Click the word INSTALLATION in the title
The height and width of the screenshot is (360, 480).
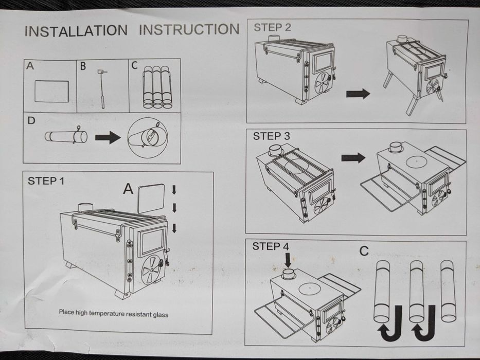pos(76,30)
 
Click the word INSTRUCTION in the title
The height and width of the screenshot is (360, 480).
pos(189,29)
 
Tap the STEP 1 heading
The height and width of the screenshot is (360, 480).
pos(50,181)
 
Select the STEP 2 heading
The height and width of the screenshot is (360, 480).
pos(272,28)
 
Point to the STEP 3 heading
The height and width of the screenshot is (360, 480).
pos(271,136)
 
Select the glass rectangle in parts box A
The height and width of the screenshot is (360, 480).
pos(51,91)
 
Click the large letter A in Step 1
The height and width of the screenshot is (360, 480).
pos(128,189)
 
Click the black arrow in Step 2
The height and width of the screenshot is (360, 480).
pos(358,94)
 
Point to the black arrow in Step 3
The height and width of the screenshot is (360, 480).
pos(353,158)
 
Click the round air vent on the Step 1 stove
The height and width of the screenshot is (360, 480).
pos(151,269)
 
